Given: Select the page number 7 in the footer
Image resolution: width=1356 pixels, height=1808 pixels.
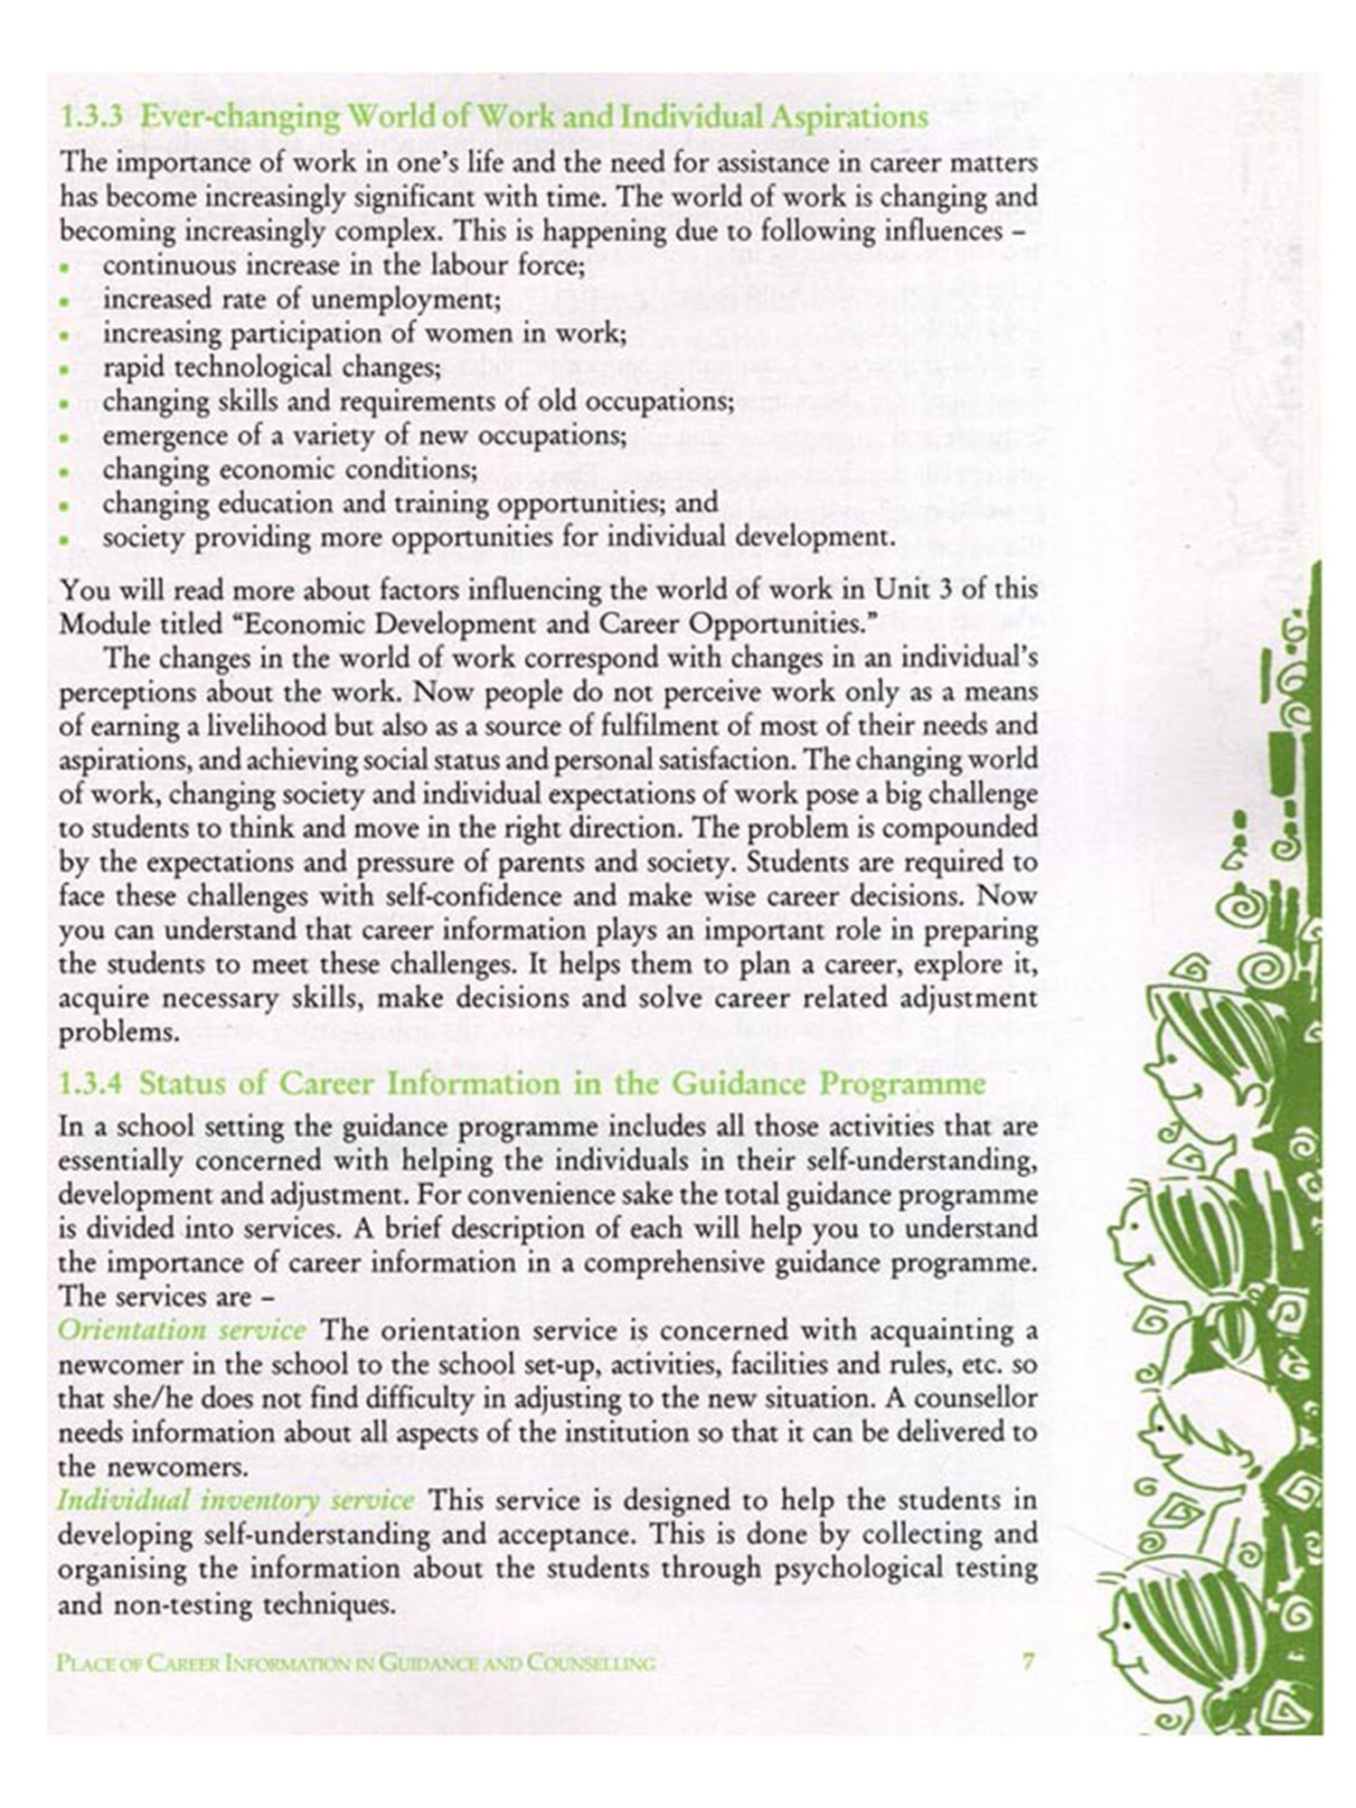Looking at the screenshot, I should coord(1028,1662).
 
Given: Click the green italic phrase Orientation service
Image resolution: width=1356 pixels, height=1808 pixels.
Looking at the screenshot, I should coord(182,1331).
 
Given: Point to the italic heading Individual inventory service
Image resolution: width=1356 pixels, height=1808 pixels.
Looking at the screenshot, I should coord(236,1501).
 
